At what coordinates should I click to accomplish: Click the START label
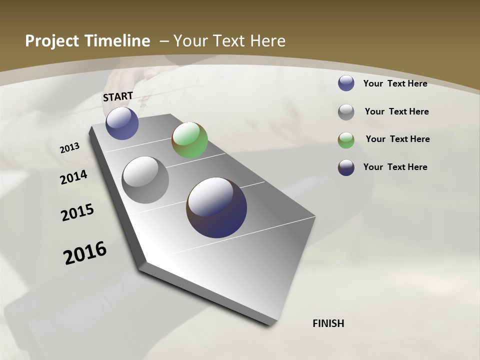[x=118, y=96]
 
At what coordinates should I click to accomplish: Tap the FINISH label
[x=328, y=323]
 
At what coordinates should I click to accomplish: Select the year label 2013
[x=69, y=148]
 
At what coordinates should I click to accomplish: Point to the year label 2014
[x=73, y=177]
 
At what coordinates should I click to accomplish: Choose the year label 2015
[x=77, y=212]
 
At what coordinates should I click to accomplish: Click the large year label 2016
[x=85, y=252]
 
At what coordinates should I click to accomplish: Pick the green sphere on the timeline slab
[x=189, y=140]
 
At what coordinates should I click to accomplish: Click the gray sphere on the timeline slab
[x=145, y=180]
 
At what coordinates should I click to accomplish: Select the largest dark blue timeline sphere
[x=216, y=207]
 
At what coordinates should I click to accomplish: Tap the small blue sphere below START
[x=122, y=123]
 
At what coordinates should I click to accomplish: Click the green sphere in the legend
[x=346, y=140]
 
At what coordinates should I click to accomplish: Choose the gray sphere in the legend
[x=346, y=112]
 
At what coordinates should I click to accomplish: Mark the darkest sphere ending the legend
[x=346, y=167]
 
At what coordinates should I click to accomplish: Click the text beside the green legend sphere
[x=397, y=139]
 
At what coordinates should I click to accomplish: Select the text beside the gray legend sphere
[x=396, y=111]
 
